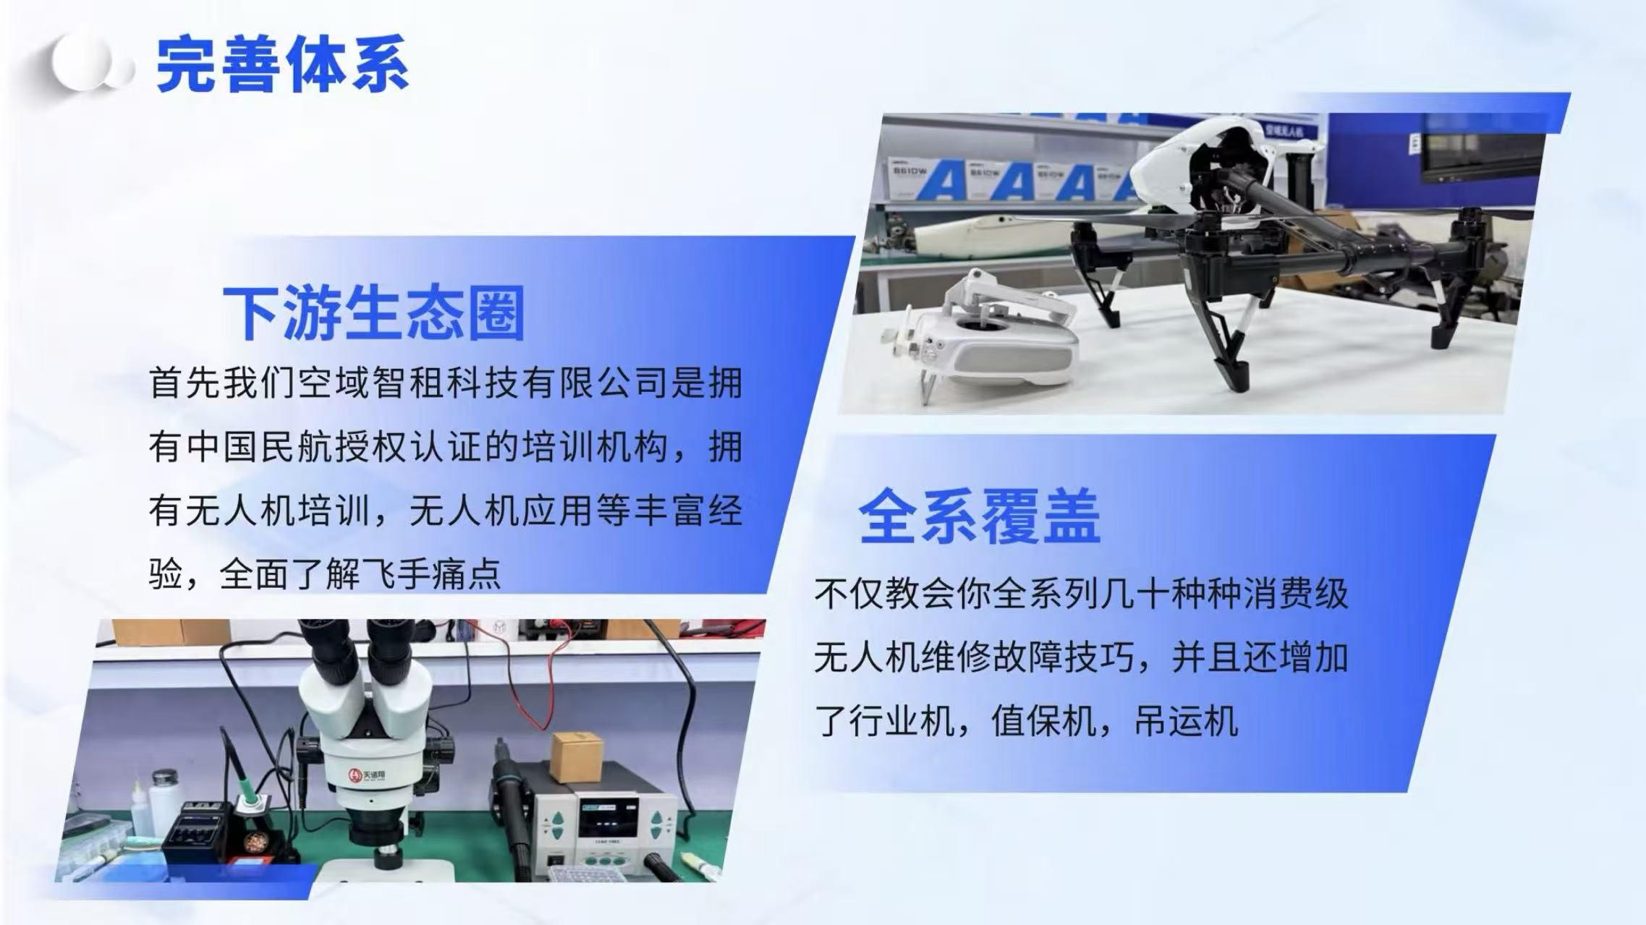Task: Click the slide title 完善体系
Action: pos(282,64)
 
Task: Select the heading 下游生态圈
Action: pos(373,312)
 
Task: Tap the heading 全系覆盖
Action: pos(980,516)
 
